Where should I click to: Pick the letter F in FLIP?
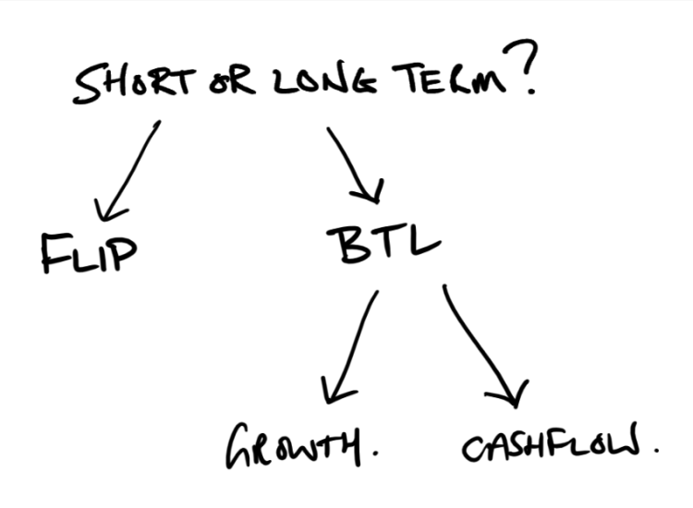(55, 253)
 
